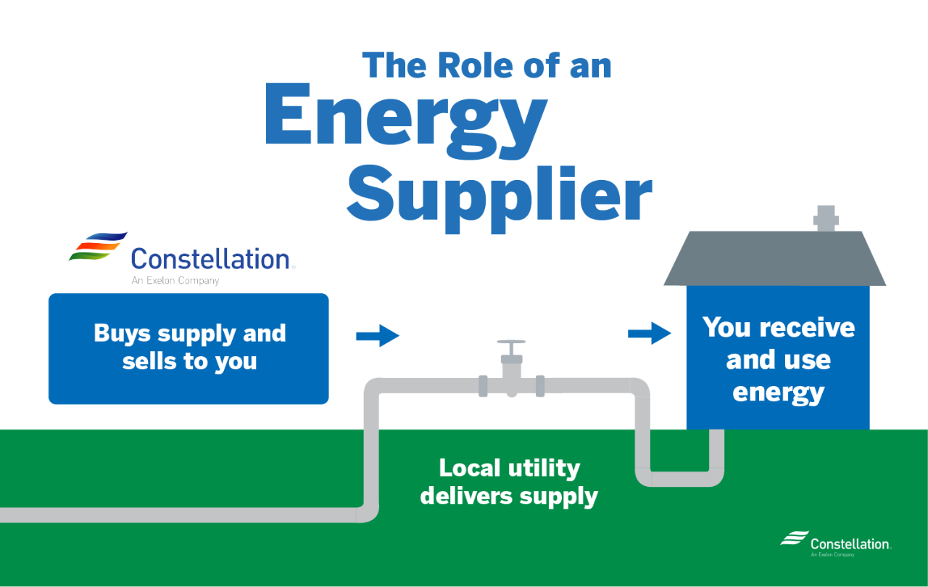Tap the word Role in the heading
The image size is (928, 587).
468,65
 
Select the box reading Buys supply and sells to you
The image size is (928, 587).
188,348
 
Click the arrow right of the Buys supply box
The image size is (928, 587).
378,336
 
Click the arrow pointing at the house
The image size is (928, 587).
650,334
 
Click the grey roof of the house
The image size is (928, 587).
774,259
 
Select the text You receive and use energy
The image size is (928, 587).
778,360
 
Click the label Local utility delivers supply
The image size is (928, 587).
509,482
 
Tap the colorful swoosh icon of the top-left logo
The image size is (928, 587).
99,247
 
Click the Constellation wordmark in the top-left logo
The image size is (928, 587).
210,259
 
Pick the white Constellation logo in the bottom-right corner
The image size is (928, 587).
835,543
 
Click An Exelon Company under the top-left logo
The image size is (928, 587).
175,280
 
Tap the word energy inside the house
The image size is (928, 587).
778,393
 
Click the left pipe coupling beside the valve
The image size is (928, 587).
483,386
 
